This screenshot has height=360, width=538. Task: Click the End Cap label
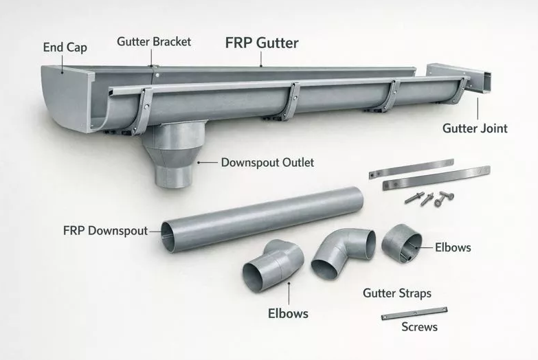pos(65,47)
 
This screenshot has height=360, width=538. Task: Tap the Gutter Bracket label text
pos(154,42)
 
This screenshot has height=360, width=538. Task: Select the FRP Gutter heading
pos(262,43)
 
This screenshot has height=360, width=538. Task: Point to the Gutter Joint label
pos(475,128)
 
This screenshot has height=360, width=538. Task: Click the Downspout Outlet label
pos(267,163)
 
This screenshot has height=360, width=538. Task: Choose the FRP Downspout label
pos(105,230)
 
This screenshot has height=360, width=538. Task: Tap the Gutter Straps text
pos(396,293)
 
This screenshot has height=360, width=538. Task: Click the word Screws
pos(419,327)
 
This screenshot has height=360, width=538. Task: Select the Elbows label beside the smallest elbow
pos(453,247)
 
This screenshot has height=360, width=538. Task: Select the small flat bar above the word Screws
pos(414,313)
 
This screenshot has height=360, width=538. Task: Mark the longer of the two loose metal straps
pos(435,178)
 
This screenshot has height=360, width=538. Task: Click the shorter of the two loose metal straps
pos(410,168)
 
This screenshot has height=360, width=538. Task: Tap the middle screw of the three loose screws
pos(427,199)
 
